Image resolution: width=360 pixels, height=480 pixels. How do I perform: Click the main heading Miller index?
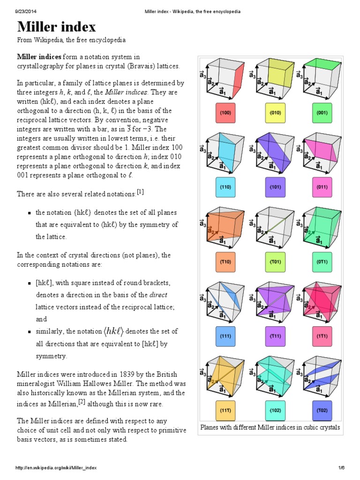pyautogui.click(x=56, y=27)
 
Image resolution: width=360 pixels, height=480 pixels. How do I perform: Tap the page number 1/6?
pyautogui.click(x=341, y=468)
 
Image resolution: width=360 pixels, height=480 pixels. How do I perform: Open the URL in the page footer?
pyautogui.click(x=56, y=468)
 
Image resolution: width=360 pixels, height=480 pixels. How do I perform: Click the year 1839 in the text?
pyautogui.click(x=115, y=374)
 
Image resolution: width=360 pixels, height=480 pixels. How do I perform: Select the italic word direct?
pyautogui.click(x=158, y=295)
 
